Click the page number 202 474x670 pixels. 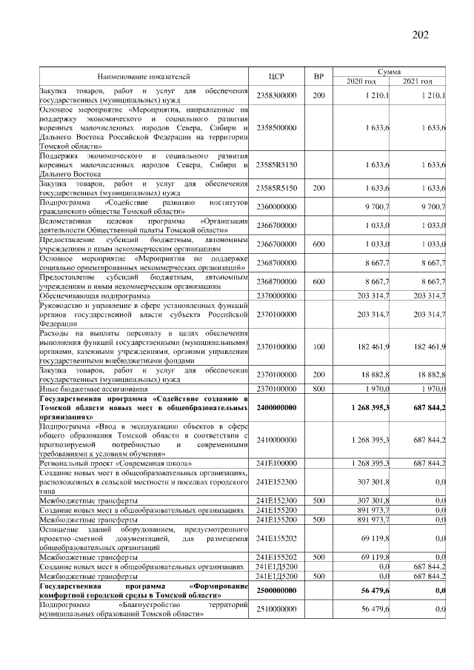pyautogui.click(x=418, y=36)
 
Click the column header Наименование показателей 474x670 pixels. pyautogui.click(x=142, y=76)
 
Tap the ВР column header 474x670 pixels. pyautogui.click(x=318, y=76)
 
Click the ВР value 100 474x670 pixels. pyautogui.click(x=318, y=346)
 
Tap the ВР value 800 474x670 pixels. pyautogui.click(x=318, y=388)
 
